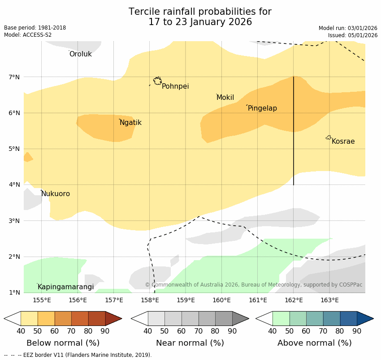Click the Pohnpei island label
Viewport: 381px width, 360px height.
pos(175,86)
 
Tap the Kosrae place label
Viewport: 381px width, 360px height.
pos(343,141)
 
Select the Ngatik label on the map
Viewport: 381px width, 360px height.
pos(130,123)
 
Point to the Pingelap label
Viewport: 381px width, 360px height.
pos(262,108)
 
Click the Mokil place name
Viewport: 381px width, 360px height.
pos(225,98)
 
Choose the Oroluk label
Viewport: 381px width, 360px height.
pos(80,54)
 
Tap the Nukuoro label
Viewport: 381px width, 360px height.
pos(56,194)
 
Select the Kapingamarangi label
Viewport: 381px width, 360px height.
pos(65,287)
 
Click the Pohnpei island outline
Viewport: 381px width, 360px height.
pos(157,81)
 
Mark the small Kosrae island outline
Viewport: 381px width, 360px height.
pos(329,137)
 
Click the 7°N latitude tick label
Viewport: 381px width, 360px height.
pos(14,77)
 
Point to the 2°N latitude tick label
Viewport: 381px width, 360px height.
pos(14,257)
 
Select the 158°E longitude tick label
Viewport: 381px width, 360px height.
pos(150,300)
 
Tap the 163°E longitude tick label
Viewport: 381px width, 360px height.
pos(329,300)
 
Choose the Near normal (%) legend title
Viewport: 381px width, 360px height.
pos(190,343)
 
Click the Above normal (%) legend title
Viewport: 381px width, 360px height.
pos(314,343)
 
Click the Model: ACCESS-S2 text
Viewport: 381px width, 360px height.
pos(28,35)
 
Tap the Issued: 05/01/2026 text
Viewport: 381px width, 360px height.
pos(352,35)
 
